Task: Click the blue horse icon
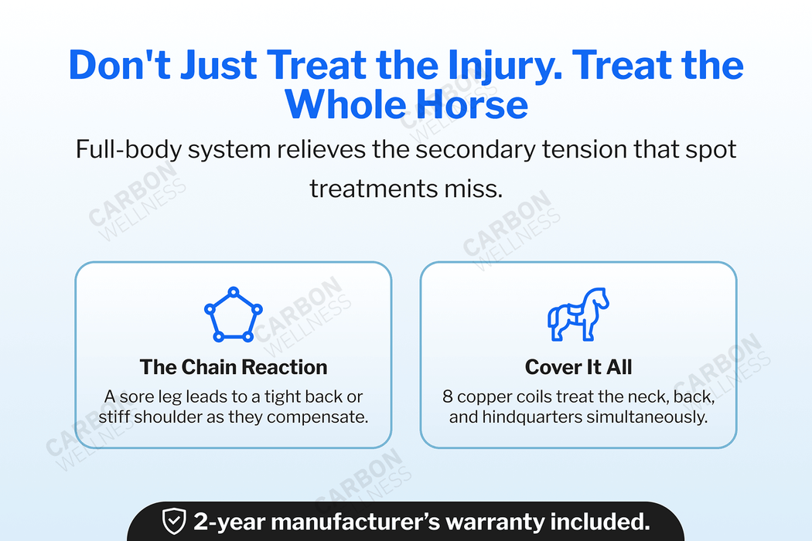click(x=578, y=315)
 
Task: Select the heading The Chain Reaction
click(x=234, y=367)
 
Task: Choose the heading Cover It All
click(x=578, y=367)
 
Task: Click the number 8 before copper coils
click(x=448, y=397)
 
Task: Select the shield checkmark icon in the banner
click(x=173, y=522)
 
